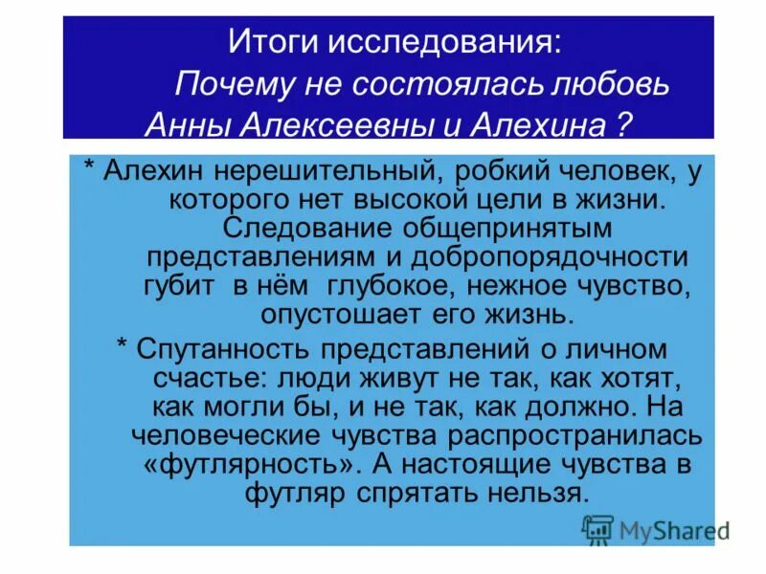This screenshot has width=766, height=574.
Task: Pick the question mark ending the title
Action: tap(622, 124)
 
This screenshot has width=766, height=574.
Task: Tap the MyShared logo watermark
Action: tap(657, 529)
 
